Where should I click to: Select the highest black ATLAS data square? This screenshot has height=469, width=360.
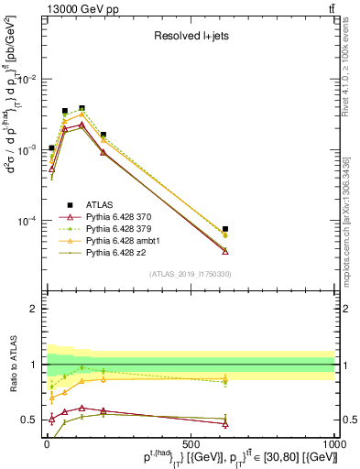point(82,108)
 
